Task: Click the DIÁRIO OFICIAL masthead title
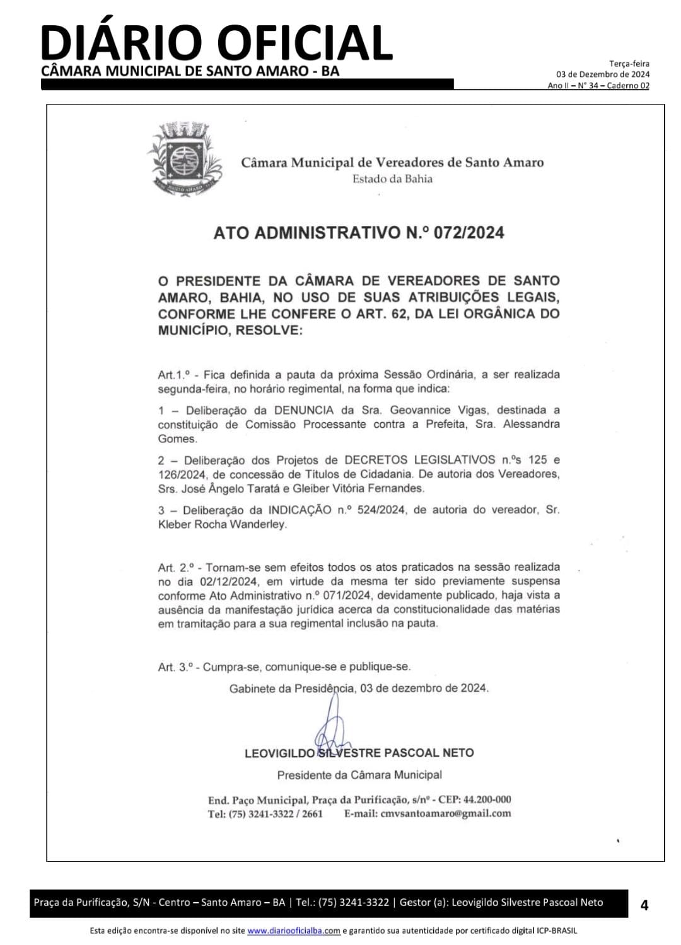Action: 216,43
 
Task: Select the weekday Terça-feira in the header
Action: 629,64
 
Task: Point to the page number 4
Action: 644,906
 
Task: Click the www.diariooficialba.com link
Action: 294,931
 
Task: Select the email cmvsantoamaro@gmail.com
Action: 446,813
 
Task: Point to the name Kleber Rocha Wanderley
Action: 222,524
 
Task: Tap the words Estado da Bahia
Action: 392,179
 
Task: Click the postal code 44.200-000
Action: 487,799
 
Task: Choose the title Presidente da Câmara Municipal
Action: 359,774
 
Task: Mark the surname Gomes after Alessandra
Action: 177,438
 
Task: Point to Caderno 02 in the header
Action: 628,86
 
